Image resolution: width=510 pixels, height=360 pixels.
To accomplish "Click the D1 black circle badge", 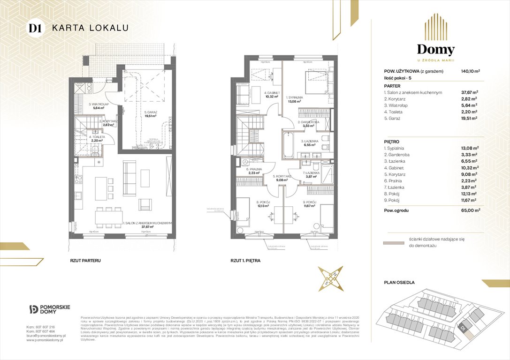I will coord(34,28).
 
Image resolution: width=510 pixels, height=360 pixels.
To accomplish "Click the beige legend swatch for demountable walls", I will coord(393,243).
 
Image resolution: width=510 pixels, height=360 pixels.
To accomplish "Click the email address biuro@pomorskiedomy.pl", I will coord(46,336).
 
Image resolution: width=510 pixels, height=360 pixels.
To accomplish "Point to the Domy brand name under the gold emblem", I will coord(436,50).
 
